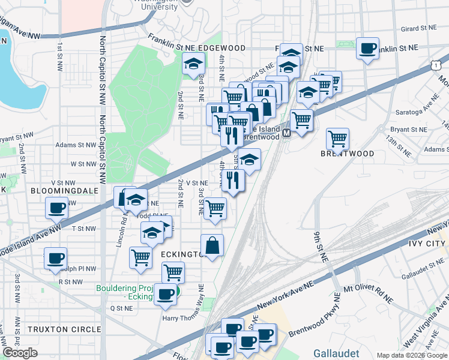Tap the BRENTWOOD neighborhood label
(350, 154)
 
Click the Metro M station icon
(287, 133)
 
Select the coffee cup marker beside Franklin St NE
(367, 48)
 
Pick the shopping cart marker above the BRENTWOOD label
(338, 139)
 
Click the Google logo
(20, 353)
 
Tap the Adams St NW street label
(75, 145)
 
